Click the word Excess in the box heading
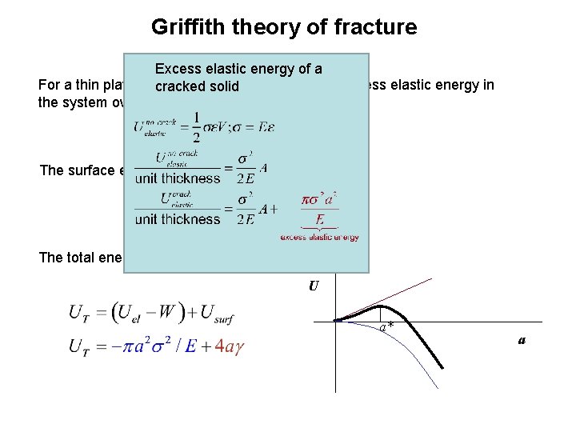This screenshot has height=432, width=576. pos(180,70)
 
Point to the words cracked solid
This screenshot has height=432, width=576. pos(198,86)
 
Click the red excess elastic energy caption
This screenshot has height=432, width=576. pos(319,236)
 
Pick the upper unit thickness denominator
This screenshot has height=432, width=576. pos(178,178)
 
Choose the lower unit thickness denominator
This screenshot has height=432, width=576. pos(178,219)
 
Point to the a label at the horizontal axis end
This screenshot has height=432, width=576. pos(522,339)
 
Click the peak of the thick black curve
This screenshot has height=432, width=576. pos(384,306)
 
